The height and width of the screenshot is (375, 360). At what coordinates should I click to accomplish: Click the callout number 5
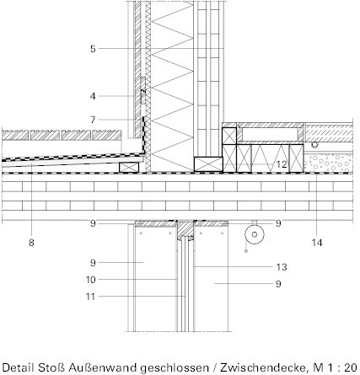[x=93, y=49]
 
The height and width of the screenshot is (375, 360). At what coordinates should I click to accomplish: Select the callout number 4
[x=93, y=96]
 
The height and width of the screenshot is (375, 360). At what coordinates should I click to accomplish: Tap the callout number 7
[x=93, y=120]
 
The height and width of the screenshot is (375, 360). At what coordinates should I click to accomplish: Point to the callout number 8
[x=31, y=243]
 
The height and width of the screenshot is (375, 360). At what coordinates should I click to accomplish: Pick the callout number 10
[x=90, y=280]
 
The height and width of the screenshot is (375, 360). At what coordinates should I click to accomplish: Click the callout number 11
[x=90, y=297]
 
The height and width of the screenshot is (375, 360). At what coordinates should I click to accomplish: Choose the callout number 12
[x=282, y=164]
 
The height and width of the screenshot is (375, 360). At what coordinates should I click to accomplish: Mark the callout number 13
[x=282, y=267]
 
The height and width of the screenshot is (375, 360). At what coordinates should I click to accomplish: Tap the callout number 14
[x=317, y=243]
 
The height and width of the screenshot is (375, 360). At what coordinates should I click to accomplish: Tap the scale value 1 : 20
[x=343, y=367]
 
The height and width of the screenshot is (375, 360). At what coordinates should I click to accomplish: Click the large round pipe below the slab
[x=255, y=234]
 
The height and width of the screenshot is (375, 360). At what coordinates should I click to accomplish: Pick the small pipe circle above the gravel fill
[x=314, y=145]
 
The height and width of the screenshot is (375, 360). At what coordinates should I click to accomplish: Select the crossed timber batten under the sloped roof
[x=129, y=168]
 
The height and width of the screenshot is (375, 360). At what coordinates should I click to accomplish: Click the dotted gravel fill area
[x=328, y=163]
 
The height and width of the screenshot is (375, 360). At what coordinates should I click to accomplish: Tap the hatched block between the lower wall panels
[x=185, y=230]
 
